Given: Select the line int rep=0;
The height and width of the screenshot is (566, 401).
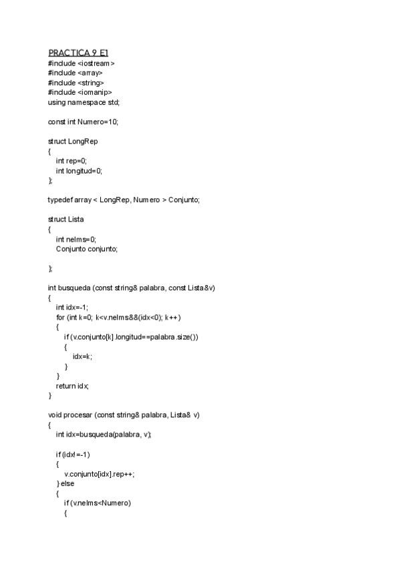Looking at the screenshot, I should (x=72, y=161).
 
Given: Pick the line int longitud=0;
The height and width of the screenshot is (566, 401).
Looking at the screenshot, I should (x=80, y=171).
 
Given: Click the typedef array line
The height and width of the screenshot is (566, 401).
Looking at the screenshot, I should (x=124, y=200).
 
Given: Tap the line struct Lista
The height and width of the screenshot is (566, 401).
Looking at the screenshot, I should (x=65, y=220).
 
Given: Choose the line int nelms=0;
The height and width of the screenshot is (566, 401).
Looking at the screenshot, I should (x=76, y=239).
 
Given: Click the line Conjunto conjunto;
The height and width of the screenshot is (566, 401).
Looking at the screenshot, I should (x=87, y=249).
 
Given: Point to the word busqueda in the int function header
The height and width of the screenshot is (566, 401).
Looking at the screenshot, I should (x=77, y=288).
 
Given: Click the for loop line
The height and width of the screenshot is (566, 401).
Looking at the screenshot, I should (x=118, y=317).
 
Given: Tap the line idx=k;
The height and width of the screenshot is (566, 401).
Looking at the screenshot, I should (x=83, y=356).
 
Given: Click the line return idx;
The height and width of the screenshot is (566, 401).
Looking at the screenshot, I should (x=72, y=386).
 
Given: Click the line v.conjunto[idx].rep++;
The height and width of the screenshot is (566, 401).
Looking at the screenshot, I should (x=100, y=474).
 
